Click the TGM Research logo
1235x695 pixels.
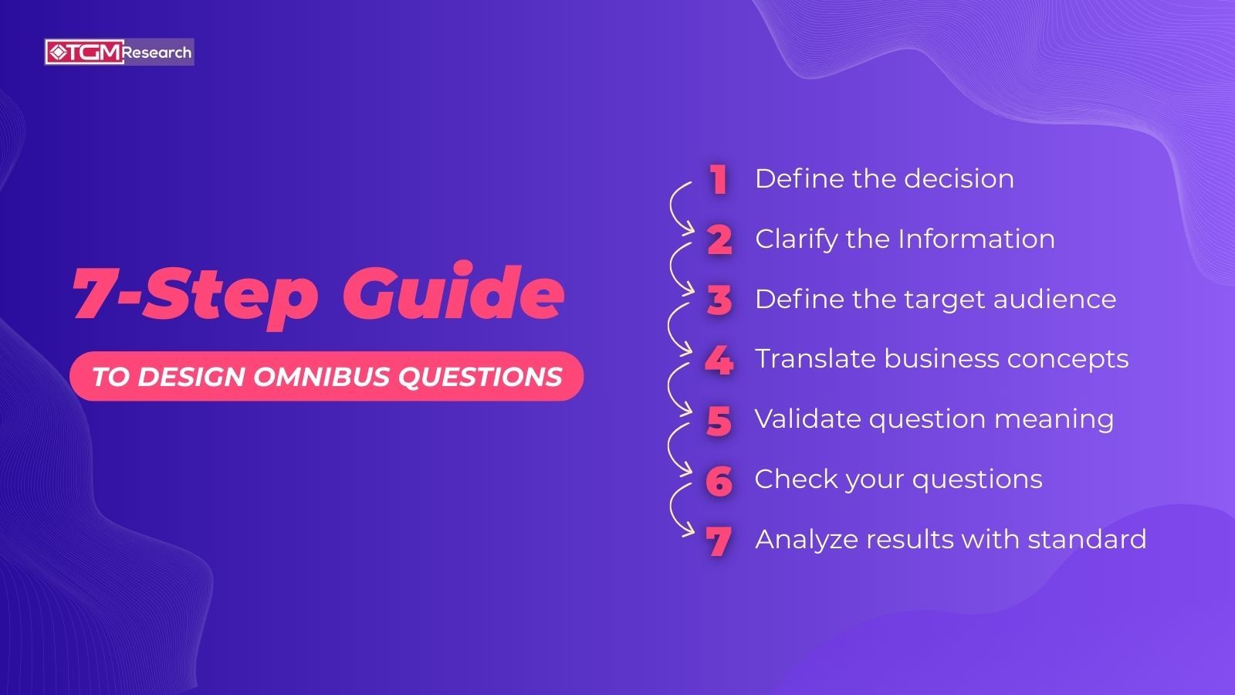tap(119, 53)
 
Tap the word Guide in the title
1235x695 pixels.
tap(454, 294)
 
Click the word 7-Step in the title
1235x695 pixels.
tap(195, 294)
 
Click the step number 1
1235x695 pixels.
tap(719, 180)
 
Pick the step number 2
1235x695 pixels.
tap(719, 240)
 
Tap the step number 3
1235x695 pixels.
tap(719, 300)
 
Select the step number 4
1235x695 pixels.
tap(719, 361)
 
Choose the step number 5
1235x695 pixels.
tap(719, 421)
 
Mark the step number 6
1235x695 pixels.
tap(719, 481)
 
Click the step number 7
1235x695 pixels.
tap(719, 541)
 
